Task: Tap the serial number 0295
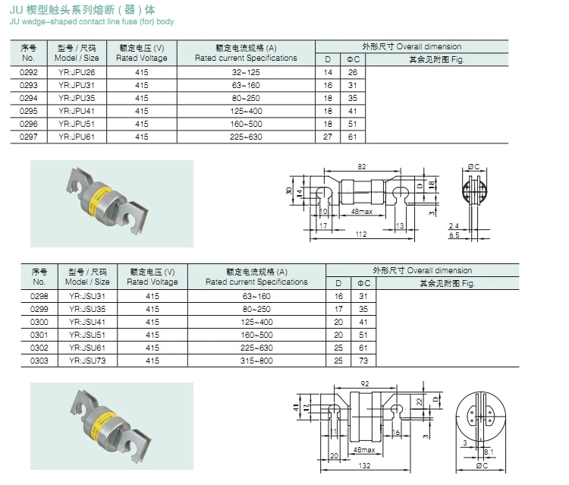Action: tap(29, 111)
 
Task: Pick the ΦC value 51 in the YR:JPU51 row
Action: tap(352, 124)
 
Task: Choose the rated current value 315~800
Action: tap(256, 361)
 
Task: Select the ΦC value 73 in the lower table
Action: tap(363, 361)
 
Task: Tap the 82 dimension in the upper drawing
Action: tap(361, 165)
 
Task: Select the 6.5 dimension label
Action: tap(454, 236)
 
